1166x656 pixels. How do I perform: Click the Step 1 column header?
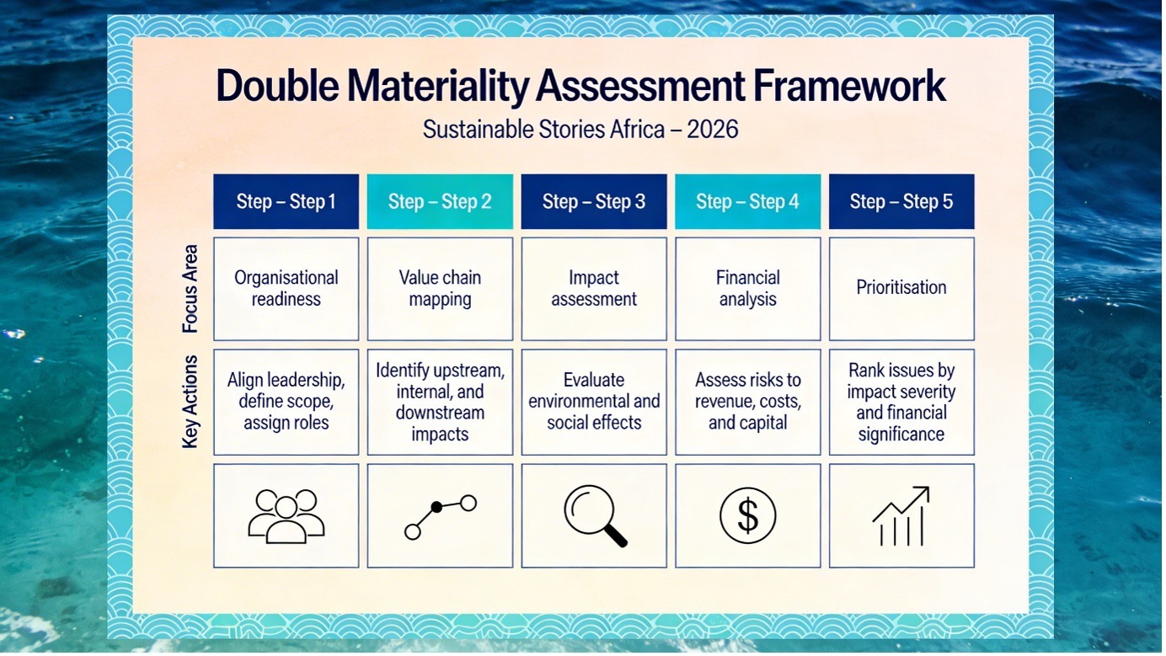tap(286, 201)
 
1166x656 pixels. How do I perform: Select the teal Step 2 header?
tap(440, 201)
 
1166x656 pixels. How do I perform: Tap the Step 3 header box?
tap(594, 201)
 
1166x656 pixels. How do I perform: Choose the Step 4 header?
tap(747, 201)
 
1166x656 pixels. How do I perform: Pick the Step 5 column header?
tap(901, 201)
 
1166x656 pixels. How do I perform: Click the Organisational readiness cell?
tap(286, 289)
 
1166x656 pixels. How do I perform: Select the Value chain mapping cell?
tap(440, 289)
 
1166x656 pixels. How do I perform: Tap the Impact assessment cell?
tap(594, 289)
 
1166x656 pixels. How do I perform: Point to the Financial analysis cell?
tap(747, 289)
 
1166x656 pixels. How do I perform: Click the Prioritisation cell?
tap(901, 289)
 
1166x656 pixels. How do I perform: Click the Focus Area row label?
tap(190, 289)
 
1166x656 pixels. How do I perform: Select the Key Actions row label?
tap(190, 402)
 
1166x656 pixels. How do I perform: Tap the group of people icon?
tap(286, 516)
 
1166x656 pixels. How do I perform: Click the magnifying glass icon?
tap(596, 515)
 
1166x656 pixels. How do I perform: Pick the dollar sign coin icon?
tap(747, 515)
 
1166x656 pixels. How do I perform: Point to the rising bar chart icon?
tap(901, 516)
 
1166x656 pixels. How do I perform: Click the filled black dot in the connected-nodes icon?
tap(436, 507)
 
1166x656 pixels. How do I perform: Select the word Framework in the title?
tap(849, 86)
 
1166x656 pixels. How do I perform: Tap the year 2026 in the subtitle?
tap(712, 129)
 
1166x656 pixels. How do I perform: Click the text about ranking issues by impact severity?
tap(901, 403)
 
